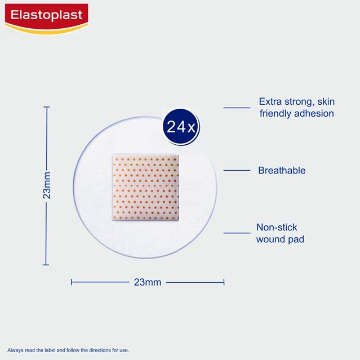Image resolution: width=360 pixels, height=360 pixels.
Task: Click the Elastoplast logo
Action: click(47, 19)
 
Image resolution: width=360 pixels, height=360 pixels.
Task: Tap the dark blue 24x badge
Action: click(181, 127)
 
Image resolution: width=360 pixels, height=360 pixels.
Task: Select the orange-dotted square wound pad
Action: click(145, 188)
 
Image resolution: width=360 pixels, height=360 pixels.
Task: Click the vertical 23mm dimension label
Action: click(47, 185)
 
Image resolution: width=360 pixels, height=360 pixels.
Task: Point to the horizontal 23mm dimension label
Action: click(148, 282)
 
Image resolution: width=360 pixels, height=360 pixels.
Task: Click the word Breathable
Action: click(282, 170)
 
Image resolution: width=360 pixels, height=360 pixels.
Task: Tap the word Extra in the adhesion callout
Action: click(270, 101)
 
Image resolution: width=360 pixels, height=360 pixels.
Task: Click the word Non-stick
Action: click(277, 227)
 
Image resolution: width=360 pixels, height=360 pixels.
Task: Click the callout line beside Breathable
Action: click(237, 170)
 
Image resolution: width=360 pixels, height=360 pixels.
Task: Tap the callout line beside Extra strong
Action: click(237, 108)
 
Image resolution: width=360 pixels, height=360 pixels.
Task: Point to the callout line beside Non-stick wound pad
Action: click(237, 233)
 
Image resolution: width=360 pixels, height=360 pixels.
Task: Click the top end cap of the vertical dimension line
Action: click(47, 107)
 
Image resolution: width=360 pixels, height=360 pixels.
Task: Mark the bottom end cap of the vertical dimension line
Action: click(46, 265)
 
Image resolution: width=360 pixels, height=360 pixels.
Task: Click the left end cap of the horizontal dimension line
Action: click(72, 282)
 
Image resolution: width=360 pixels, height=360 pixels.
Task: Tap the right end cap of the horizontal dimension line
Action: click(224, 282)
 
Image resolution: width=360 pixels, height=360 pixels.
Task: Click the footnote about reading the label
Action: click(68, 350)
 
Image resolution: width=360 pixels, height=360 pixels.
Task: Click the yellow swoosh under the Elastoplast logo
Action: click(47, 29)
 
